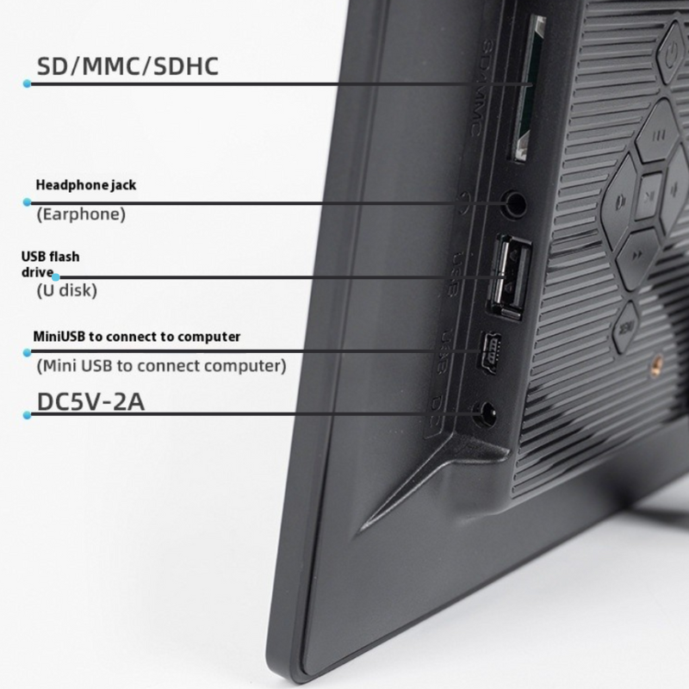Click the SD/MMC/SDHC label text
(127, 66)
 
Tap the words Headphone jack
(86, 185)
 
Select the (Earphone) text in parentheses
(81, 214)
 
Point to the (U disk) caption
(67, 290)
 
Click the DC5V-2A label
(90, 402)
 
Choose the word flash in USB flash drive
(65, 256)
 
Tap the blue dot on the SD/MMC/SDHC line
(28, 84)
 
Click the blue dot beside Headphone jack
(28, 202)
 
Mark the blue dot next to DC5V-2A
(28, 415)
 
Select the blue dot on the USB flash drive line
(56, 277)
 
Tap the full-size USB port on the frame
(508, 276)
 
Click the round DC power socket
(487, 415)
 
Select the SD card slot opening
(526, 88)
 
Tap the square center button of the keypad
(649, 196)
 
